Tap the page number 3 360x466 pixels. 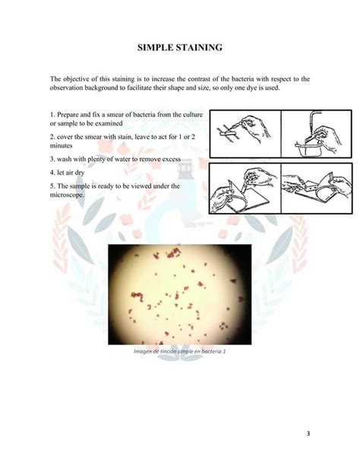tap(308, 434)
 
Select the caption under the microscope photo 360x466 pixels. tap(180, 352)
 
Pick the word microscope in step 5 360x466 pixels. tap(67, 195)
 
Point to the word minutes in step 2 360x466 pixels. tap(63, 144)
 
